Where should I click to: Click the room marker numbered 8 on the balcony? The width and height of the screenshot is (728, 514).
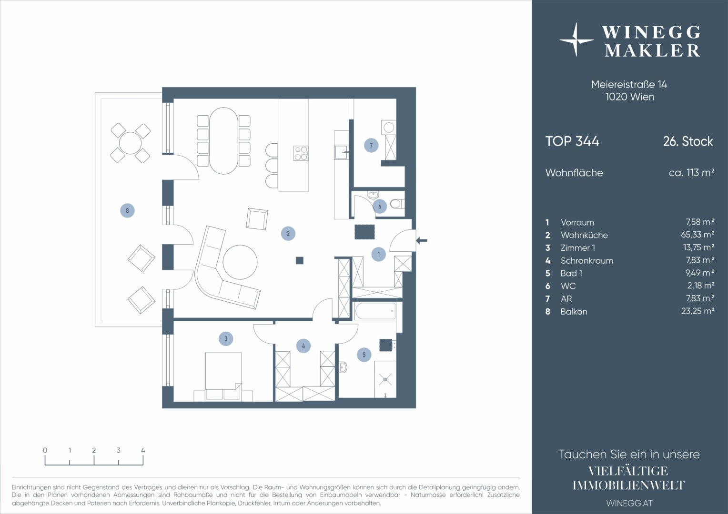tap(127, 210)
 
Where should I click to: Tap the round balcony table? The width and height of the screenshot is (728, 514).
tap(131, 143)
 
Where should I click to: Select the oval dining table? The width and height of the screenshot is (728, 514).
tap(223, 141)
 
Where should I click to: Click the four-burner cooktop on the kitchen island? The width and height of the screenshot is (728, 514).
tap(301, 153)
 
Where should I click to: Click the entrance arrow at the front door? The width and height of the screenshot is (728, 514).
tap(422, 241)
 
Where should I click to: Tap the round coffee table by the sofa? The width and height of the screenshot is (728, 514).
tap(240, 262)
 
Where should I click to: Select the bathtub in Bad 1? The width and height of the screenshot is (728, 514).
tap(375, 311)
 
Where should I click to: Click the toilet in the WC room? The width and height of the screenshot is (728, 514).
tap(397, 204)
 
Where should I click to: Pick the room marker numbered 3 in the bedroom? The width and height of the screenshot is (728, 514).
tap(226, 339)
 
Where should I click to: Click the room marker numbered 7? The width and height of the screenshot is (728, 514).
tap(371, 145)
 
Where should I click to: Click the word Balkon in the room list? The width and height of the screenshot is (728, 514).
tap(574, 312)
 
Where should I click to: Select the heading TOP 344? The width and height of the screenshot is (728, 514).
tap(572, 141)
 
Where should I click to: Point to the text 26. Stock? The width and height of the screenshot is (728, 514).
tap(688, 141)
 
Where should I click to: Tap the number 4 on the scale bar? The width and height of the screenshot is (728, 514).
tap(143, 450)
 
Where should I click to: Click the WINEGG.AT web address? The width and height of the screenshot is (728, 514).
tap(629, 503)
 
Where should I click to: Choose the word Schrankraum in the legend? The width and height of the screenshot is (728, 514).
tap(586, 261)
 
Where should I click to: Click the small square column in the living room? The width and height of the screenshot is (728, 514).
tap(300, 260)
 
